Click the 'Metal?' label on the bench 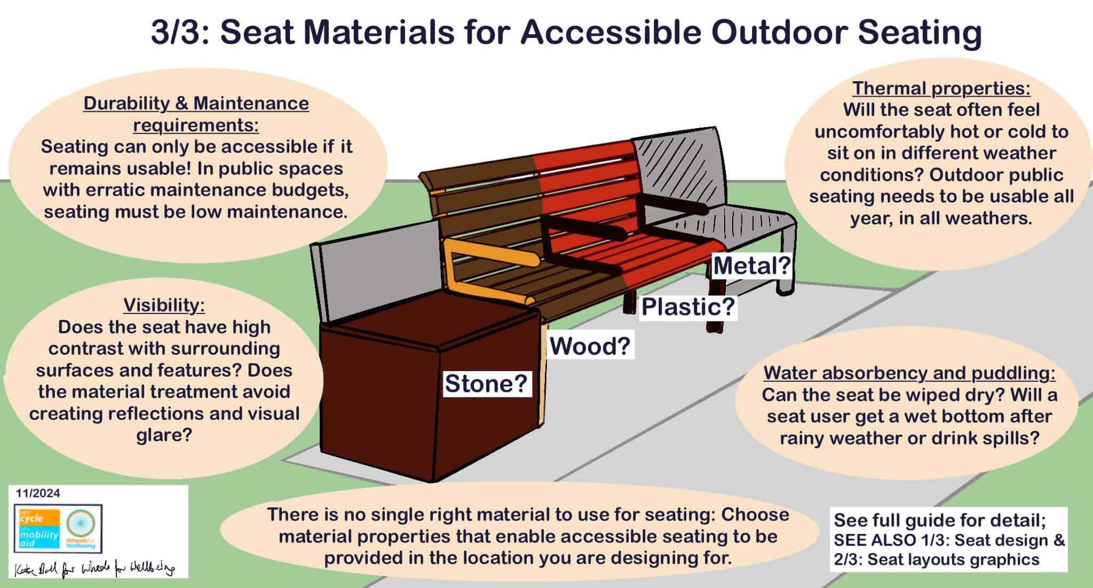[751, 266]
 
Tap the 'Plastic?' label [688, 307]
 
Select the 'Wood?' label [590, 346]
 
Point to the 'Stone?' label [486, 383]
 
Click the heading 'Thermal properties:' [941, 88]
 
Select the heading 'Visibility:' [164, 305]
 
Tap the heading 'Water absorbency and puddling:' [909, 373]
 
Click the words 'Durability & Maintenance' [196, 103]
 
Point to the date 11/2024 [38, 493]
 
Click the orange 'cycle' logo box [37, 517]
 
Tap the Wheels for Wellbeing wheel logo [81, 526]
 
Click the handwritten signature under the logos [96, 569]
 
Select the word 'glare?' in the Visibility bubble [164, 435]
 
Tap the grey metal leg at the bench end [786, 267]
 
